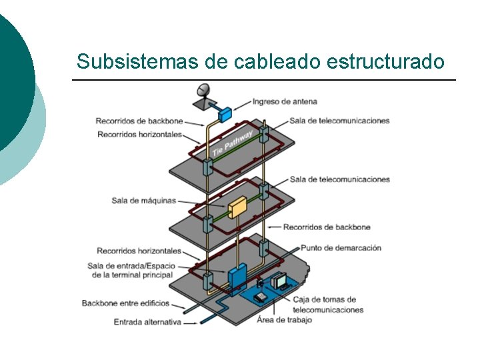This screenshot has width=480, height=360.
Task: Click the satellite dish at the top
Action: (x=203, y=91)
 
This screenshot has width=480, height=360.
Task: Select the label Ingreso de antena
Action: (x=285, y=102)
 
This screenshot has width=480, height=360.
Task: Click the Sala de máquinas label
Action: (x=143, y=200)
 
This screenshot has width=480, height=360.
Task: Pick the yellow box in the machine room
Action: (x=237, y=208)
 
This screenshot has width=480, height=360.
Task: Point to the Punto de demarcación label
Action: (x=341, y=247)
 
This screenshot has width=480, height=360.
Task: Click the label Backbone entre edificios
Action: (x=125, y=303)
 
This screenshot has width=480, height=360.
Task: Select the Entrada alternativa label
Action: (x=147, y=322)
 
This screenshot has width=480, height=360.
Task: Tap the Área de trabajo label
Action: (x=284, y=319)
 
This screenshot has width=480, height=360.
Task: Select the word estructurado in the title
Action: (x=386, y=62)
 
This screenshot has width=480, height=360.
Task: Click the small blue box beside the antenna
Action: (x=225, y=113)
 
